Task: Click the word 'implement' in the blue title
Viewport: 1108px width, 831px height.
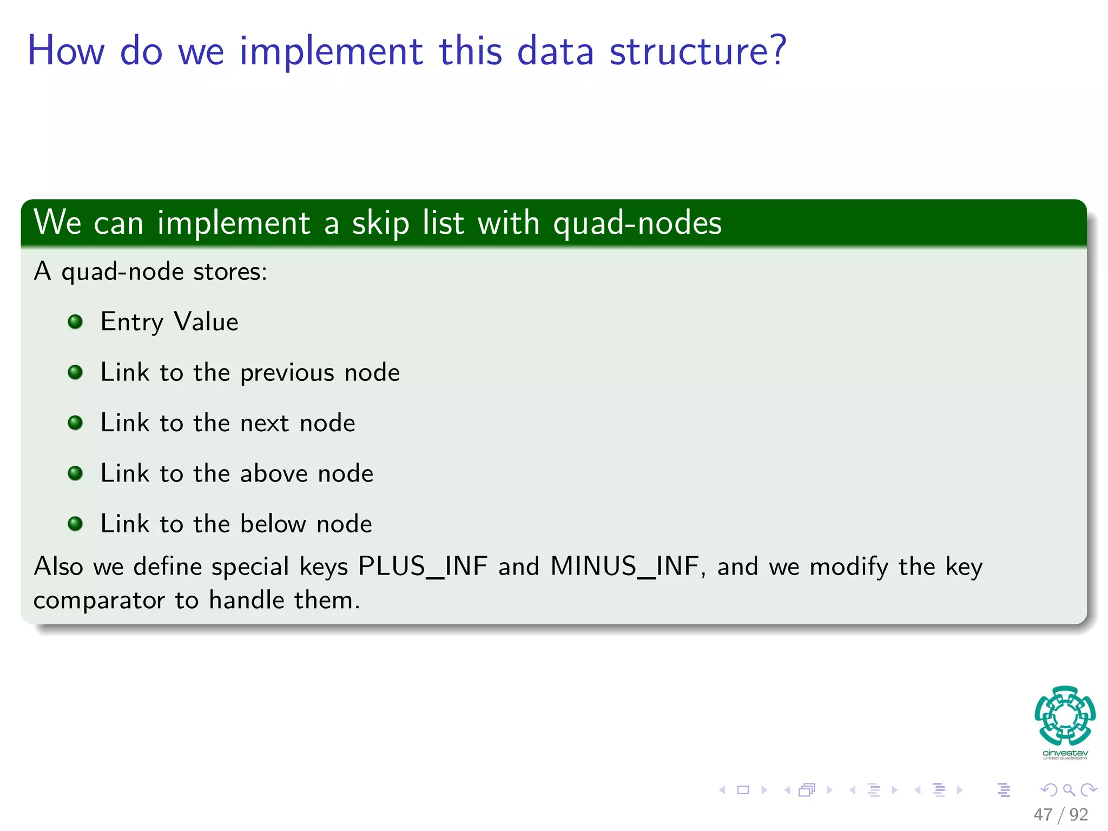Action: (x=331, y=52)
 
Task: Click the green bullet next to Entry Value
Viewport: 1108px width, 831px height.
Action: (x=75, y=322)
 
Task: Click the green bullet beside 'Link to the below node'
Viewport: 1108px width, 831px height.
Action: (x=75, y=524)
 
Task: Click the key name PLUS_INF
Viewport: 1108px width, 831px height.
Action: (x=423, y=567)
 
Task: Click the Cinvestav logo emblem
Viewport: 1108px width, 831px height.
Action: (x=1065, y=716)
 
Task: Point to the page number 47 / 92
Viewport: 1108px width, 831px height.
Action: (x=1060, y=815)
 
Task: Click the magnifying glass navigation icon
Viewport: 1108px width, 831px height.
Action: (x=1069, y=790)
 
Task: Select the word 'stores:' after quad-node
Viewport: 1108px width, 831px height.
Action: (x=230, y=272)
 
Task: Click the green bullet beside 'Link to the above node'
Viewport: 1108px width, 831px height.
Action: (x=75, y=474)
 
